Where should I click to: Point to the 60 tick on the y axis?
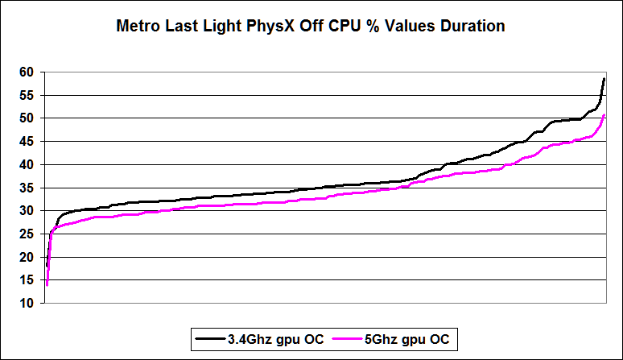[x=28, y=72]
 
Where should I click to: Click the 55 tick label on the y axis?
[x=28, y=95]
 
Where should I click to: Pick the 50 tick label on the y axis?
[x=28, y=118]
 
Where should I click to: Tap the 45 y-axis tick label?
[x=28, y=142]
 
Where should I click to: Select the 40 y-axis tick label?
[x=28, y=165]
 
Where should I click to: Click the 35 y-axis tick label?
[x=28, y=188]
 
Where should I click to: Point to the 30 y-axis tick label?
[x=28, y=211]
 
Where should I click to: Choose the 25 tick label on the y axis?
[x=28, y=234]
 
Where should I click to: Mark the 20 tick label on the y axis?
[x=28, y=257]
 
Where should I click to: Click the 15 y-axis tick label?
[x=28, y=280]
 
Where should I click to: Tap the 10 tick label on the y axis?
[x=28, y=304]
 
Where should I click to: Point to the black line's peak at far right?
[x=604, y=79]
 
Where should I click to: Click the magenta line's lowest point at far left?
[x=47, y=284]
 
